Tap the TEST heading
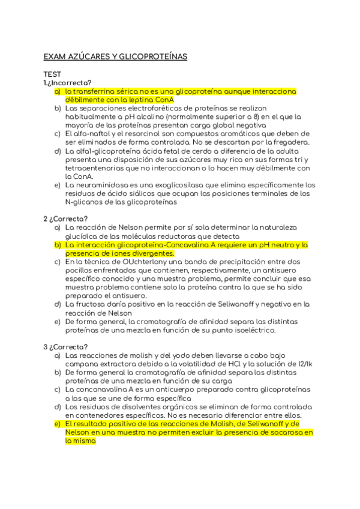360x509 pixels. click(x=52, y=74)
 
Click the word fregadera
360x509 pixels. click(x=290, y=142)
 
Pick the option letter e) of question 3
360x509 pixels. click(x=58, y=424)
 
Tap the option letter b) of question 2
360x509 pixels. click(x=58, y=245)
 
